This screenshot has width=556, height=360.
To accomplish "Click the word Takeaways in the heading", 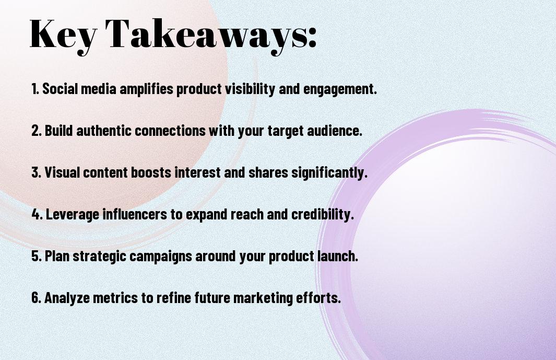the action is click(x=206, y=34).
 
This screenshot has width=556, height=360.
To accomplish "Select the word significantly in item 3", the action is click(x=329, y=173).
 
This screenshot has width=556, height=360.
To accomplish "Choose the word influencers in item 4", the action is click(x=134, y=214).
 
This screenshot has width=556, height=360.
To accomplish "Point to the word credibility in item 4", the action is click(x=322, y=215).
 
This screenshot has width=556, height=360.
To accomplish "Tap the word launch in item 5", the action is click(x=337, y=256).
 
